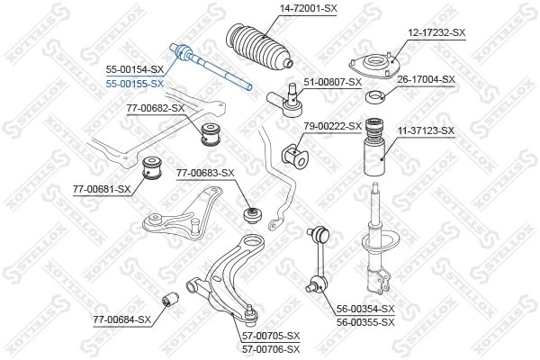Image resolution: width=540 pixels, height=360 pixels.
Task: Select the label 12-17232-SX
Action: pyautogui.click(x=436, y=32)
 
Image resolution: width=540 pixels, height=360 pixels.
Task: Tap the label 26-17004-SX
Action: pyautogui.click(x=426, y=79)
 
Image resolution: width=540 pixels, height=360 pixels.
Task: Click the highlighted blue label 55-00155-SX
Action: pyautogui.click(x=135, y=83)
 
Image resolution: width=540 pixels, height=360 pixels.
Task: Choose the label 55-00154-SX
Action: pyautogui.click(x=135, y=69)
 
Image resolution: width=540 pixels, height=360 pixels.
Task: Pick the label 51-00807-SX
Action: pyautogui.click(x=332, y=82)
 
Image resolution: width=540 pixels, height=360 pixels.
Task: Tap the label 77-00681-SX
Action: pyautogui.click(x=102, y=189)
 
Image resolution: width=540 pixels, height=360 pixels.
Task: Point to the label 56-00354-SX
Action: pyautogui.click(x=364, y=309)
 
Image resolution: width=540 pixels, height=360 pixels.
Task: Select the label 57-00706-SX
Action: pyautogui.click(x=271, y=347)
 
